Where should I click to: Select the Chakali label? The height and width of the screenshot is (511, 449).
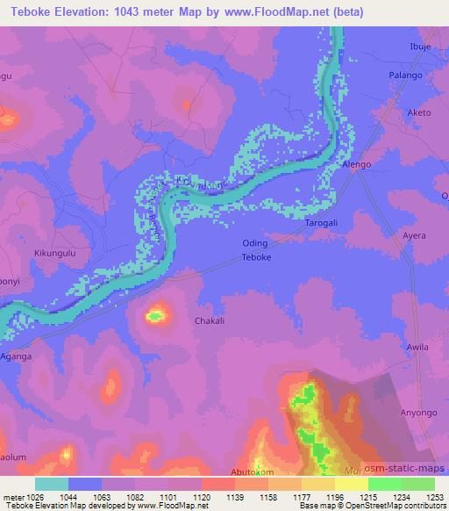(x=210, y=321)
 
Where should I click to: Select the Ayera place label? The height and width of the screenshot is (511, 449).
(x=413, y=236)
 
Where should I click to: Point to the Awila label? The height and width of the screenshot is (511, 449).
(x=417, y=347)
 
